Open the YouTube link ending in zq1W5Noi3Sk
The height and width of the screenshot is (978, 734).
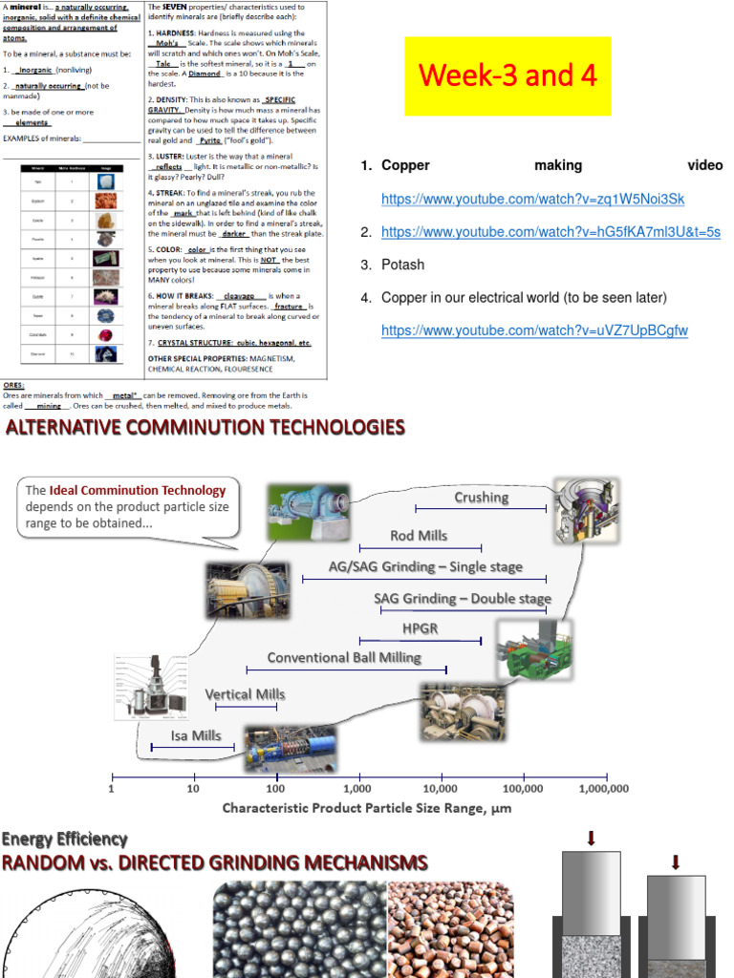[x=532, y=199]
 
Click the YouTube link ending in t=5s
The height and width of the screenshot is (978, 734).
[x=550, y=232]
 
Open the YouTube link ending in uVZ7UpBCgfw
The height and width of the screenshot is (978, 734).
[x=534, y=330]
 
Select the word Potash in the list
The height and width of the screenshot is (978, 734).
[x=402, y=265]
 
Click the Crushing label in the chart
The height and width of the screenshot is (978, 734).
[x=481, y=497]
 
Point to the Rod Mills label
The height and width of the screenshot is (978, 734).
[x=418, y=536]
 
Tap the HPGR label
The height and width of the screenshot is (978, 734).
[x=420, y=627]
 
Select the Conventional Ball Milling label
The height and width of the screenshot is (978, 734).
[x=344, y=657]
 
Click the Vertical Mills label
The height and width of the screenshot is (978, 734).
[x=245, y=694]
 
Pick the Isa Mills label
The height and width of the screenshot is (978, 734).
[x=196, y=735]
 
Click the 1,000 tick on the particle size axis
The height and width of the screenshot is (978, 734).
[x=357, y=789]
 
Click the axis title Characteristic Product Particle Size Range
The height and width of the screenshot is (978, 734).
[x=367, y=808]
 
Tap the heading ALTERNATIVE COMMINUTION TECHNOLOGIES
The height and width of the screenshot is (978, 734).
[x=205, y=427]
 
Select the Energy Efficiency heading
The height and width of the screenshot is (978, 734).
[x=64, y=839]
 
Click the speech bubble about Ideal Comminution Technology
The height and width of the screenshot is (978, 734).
[x=127, y=507]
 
